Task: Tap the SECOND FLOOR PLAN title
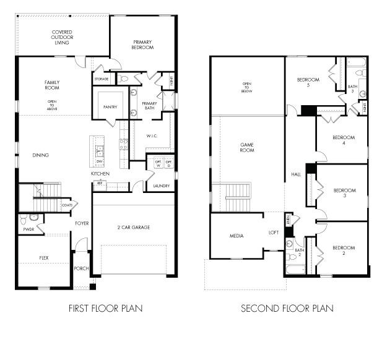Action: click(287, 307)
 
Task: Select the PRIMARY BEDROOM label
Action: click(142, 45)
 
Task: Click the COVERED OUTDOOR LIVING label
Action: click(62, 37)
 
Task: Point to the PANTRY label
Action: click(110, 107)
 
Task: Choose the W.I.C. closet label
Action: click(154, 135)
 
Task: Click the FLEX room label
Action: click(44, 257)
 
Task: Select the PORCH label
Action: click(81, 268)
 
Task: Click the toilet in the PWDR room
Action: click(33, 218)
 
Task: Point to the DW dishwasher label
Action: click(99, 161)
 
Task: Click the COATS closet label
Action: click(66, 205)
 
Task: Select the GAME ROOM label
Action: click(247, 147)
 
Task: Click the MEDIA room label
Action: click(236, 236)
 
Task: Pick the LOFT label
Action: click(273, 233)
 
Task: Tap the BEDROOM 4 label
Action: click(343, 140)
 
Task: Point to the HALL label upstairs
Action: click(296, 175)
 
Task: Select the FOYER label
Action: click(82, 223)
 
